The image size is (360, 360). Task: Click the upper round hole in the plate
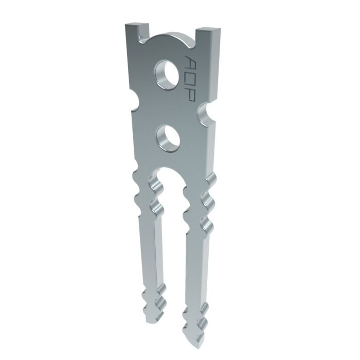click(x=168, y=73)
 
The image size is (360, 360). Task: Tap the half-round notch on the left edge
click(x=134, y=100)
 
